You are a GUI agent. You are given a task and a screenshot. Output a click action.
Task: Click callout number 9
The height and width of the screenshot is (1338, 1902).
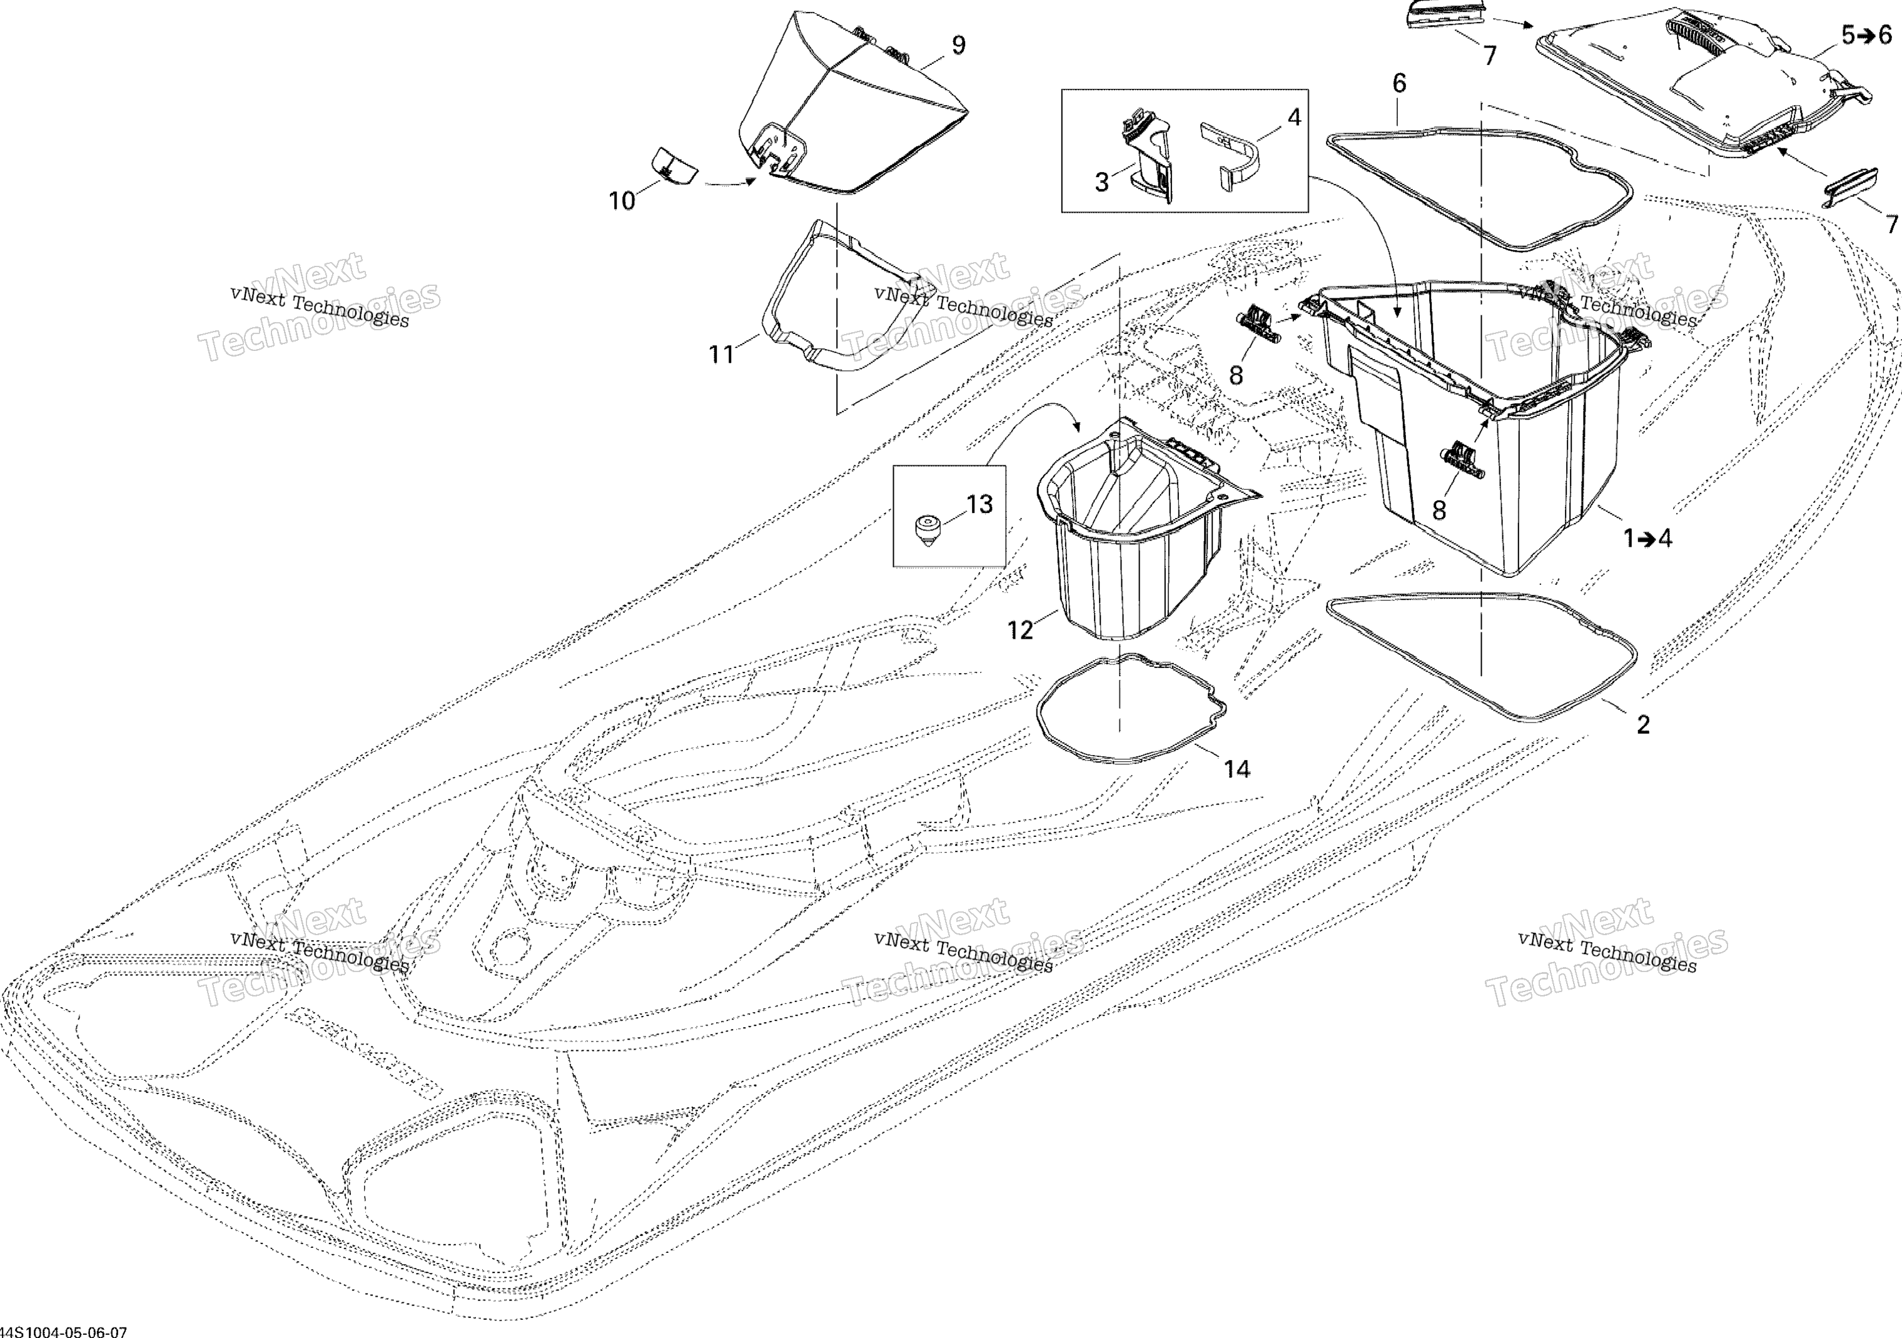pyautogui.click(x=958, y=45)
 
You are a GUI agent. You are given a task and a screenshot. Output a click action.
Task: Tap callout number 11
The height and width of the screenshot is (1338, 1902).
pyautogui.click(x=722, y=355)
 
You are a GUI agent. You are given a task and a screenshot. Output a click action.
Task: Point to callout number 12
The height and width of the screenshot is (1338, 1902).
pyautogui.click(x=1021, y=631)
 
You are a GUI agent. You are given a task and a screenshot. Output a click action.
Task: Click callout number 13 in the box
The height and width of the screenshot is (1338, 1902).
pyautogui.click(x=979, y=505)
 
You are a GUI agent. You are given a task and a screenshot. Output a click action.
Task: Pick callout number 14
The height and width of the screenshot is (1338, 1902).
pyautogui.click(x=1237, y=769)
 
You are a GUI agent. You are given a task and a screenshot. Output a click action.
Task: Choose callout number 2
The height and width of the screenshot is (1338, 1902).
pyautogui.click(x=1644, y=724)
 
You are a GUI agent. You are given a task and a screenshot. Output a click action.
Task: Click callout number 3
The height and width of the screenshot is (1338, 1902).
pyautogui.click(x=1102, y=182)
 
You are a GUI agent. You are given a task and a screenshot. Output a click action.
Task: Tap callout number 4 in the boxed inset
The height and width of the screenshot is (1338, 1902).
pyautogui.click(x=1294, y=118)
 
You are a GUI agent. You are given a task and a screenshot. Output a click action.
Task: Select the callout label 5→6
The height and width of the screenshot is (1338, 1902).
pyautogui.click(x=1867, y=35)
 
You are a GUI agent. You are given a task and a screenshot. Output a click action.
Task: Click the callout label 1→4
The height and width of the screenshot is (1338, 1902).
pyautogui.click(x=1647, y=539)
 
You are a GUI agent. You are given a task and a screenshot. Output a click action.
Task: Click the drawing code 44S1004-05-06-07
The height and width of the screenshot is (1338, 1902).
pyautogui.click(x=64, y=1330)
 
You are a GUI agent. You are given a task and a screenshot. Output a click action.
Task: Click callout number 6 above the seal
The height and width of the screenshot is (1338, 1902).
pyautogui.click(x=1399, y=83)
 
